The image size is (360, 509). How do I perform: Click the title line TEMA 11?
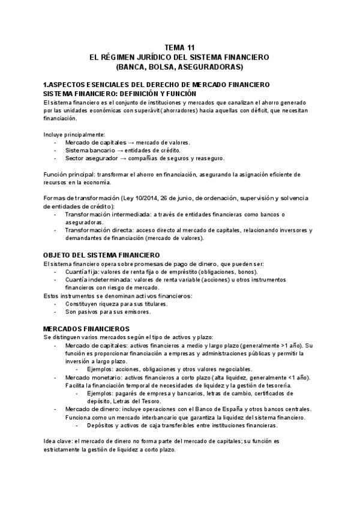pyautogui.click(x=179, y=47)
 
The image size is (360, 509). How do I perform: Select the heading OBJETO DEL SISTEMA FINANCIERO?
pyautogui.click(x=101, y=255)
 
